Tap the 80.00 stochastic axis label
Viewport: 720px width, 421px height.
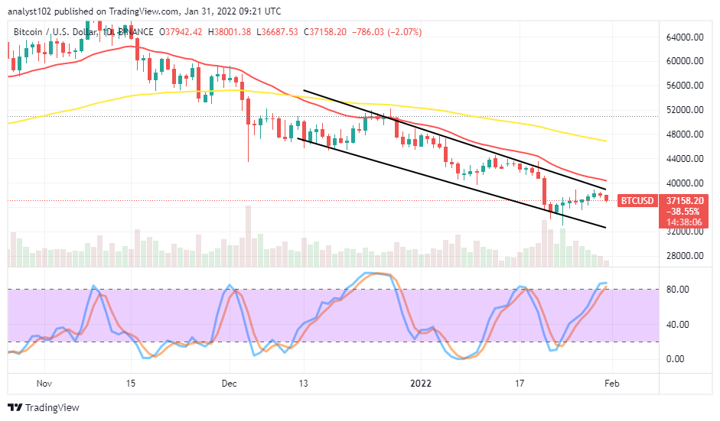pos(681,290)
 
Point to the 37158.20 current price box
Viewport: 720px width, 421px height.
pos(684,200)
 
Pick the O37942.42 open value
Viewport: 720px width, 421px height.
pos(180,31)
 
